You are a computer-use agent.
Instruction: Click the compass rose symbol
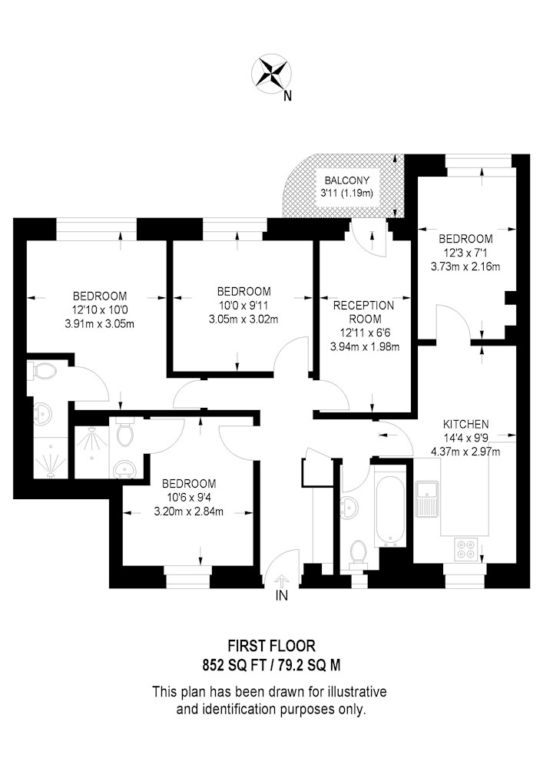(270, 74)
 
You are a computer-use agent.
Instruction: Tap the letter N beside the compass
(288, 97)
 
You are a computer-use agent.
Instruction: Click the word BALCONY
(346, 180)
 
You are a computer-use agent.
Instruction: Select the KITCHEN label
(465, 424)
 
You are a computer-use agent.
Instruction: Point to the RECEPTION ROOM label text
(363, 312)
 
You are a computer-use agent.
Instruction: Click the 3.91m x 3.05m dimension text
(99, 324)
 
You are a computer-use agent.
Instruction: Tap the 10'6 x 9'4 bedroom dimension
(188, 498)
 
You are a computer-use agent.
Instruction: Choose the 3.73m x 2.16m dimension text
(465, 266)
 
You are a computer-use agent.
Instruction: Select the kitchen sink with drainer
(426, 498)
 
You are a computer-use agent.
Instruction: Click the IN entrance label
(282, 596)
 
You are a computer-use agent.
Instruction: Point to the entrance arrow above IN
(282, 581)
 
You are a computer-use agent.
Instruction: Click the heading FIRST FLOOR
(272, 646)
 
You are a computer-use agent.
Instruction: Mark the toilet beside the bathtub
(359, 555)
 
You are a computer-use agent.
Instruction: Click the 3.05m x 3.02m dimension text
(243, 319)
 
